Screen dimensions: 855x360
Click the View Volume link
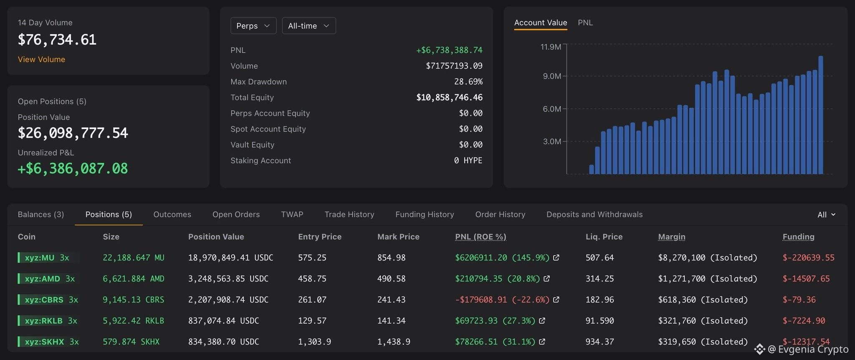41,59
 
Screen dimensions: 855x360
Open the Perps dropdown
253,25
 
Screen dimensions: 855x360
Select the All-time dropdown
309,25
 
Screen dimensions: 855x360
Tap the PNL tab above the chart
585,23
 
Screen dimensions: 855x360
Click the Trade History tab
349,214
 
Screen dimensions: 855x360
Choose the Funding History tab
425,214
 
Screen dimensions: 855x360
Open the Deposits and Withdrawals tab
594,214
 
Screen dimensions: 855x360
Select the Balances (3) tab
41,214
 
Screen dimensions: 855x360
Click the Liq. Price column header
604,237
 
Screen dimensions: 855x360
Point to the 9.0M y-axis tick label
552,76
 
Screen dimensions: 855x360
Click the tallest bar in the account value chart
821,115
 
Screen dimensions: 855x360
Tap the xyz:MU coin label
40,258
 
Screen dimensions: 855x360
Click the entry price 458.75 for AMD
312,279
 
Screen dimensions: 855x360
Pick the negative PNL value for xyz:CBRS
502,299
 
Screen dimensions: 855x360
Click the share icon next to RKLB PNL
542,321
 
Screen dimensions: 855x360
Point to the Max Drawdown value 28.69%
468,81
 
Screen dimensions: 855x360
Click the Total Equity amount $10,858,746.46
449,97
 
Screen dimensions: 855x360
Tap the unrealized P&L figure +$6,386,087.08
73,168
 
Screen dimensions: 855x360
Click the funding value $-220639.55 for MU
808,258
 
